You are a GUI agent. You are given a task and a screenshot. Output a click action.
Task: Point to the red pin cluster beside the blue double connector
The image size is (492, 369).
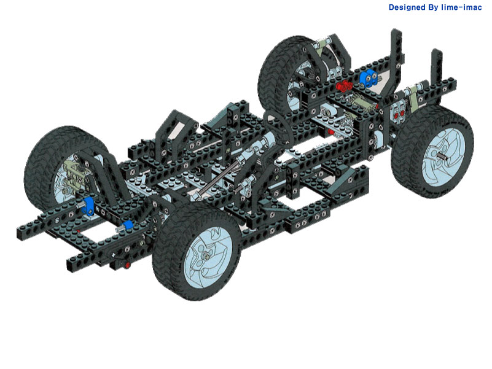[x=345, y=85]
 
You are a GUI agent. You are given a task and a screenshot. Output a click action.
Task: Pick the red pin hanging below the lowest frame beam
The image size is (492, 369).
[x=127, y=265]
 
